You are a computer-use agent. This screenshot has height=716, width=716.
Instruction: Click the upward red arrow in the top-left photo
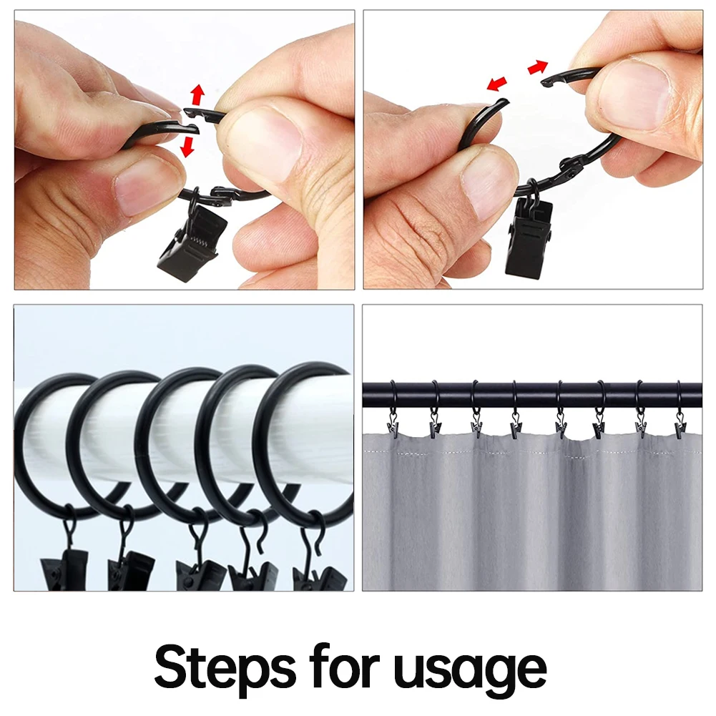pos(197,94)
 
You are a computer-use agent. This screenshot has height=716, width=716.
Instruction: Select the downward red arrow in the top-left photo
pos(187,147)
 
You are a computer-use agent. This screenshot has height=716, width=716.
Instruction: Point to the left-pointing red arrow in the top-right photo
pos(496,84)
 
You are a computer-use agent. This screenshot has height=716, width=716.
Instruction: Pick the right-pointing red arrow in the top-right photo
pos(537,67)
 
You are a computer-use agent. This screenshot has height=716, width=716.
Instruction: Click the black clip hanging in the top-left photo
pos(192,242)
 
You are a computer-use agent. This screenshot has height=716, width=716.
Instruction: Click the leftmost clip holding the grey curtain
pos(392,423)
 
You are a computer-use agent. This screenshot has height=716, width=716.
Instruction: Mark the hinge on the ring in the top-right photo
pos(572,167)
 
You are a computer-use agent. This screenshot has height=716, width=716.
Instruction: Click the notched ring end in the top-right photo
pos(550,80)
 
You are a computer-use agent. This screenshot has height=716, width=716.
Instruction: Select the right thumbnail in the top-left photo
pos(263,141)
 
